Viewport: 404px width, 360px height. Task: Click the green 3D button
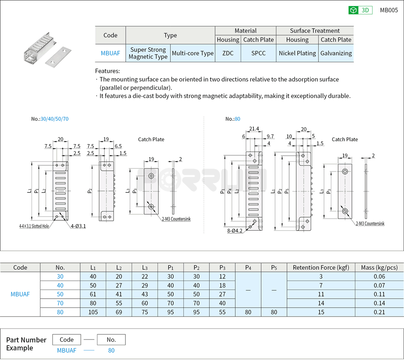click(360, 11)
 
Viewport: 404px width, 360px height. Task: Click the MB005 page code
click(389, 11)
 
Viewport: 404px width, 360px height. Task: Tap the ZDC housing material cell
click(228, 53)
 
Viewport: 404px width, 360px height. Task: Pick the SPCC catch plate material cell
click(258, 53)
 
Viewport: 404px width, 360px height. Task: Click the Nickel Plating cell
click(297, 53)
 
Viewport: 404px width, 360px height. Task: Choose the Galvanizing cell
click(336, 53)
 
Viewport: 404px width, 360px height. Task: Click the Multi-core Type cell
click(193, 53)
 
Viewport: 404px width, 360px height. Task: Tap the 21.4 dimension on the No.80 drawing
click(254, 129)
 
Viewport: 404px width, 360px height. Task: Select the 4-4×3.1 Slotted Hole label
click(34, 226)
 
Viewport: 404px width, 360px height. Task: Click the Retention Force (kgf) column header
click(321, 268)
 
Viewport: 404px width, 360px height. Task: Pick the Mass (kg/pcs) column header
click(379, 268)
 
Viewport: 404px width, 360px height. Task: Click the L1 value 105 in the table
click(93, 312)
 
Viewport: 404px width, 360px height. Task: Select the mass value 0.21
click(379, 312)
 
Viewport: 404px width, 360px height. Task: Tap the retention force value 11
click(321, 294)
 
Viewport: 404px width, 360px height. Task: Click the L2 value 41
click(119, 294)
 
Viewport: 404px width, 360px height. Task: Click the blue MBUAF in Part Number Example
click(67, 351)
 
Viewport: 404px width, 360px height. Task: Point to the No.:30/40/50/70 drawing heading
click(49, 119)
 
